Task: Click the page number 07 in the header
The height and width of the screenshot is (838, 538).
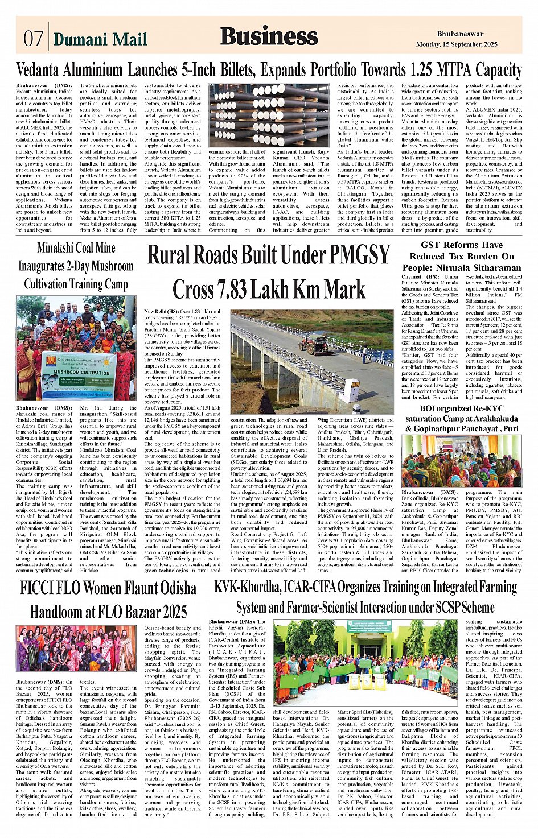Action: click(x=33, y=39)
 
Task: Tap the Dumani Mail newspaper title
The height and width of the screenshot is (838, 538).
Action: click(x=100, y=39)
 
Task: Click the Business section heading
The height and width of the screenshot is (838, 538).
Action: click(x=269, y=36)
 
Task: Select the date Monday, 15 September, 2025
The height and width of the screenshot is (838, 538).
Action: click(x=457, y=44)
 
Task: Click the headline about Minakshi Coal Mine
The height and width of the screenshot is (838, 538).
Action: click(x=76, y=266)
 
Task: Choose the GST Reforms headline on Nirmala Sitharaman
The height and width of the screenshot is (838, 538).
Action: click(x=462, y=256)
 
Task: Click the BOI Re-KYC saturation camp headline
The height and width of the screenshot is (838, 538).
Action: click(x=462, y=419)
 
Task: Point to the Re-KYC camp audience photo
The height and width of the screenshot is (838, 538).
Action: click(x=462, y=461)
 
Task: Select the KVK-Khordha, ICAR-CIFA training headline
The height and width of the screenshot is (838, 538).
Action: click(x=365, y=597)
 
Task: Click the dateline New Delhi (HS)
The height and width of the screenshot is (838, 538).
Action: click(x=161, y=312)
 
